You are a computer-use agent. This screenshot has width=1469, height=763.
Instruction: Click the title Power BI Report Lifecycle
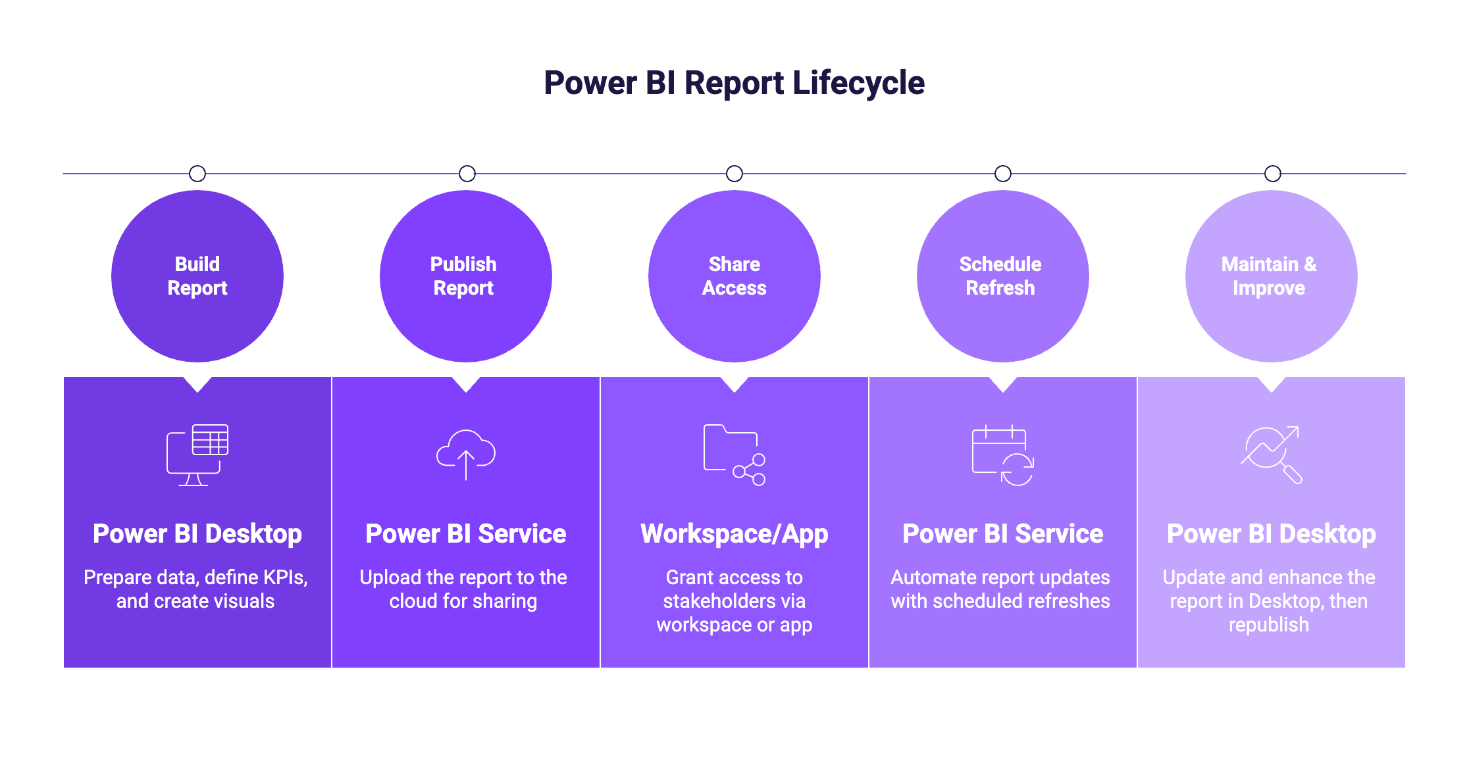(x=734, y=83)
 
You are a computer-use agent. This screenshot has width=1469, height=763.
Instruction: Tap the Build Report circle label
(x=197, y=276)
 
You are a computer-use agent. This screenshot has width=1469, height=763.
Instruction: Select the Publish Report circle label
(x=463, y=276)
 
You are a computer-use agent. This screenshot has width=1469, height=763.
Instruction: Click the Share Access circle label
(x=734, y=276)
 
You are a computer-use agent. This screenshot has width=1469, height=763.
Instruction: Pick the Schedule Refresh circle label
(x=1000, y=276)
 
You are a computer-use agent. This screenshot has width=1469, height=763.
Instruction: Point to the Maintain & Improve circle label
(x=1268, y=276)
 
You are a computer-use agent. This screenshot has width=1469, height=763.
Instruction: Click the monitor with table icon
(x=197, y=455)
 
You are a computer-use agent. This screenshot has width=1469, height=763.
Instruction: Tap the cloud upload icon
(x=466, y=455)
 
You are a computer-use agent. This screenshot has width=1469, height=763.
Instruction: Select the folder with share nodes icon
(x=734, y=455)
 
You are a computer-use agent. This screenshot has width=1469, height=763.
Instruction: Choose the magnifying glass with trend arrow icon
(x=1271, y=455)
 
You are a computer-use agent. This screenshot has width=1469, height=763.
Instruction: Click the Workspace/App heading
(x=734, y=534)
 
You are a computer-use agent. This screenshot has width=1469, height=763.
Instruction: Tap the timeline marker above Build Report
(x=197, y=174)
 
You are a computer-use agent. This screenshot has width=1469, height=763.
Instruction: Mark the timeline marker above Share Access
(x=734, y=174)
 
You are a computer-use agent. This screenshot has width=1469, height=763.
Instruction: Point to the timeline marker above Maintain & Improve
(x=1273, y=174)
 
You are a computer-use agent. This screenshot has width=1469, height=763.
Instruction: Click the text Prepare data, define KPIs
(x=195, y=578)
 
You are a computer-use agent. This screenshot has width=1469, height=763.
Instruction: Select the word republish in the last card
(x=1268, y=625)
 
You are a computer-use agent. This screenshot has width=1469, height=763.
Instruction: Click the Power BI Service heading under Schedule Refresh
(x=1002, y=534)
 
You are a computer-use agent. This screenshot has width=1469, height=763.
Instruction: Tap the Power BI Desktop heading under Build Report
(x=197, y=534)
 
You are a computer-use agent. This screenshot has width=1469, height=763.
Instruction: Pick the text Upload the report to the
(x=463, y=578)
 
